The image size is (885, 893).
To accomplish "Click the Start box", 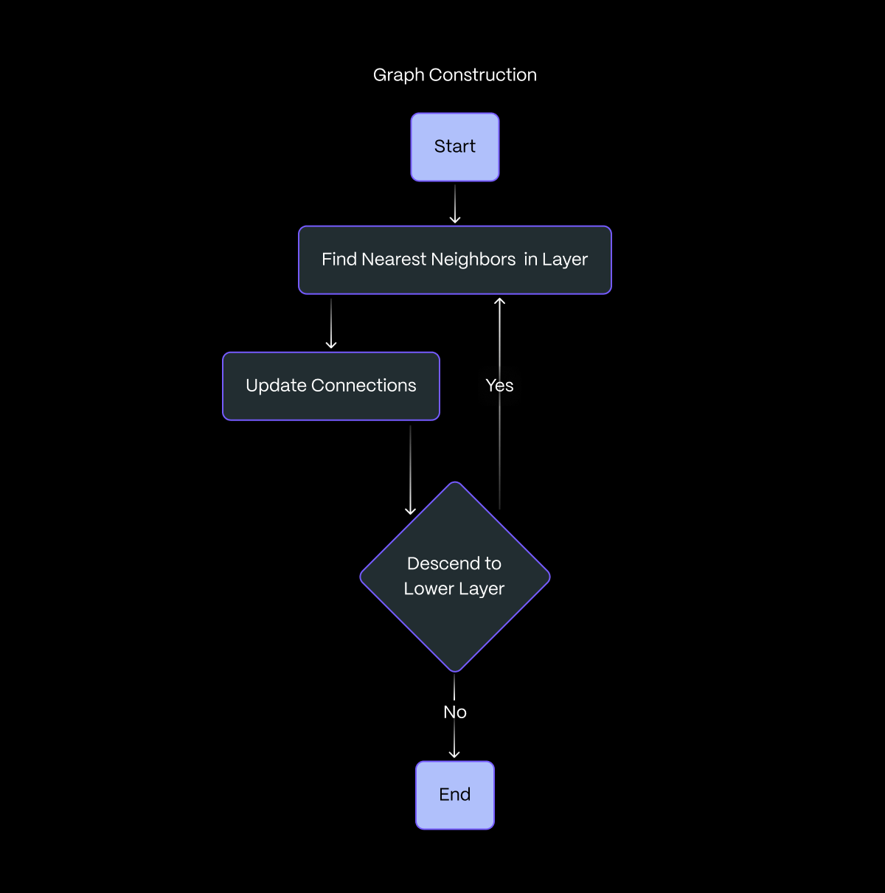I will click(x=455, y=147).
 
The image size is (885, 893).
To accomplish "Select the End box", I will click(x=455, y=795).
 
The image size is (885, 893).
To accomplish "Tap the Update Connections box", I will click(x=331, y=386).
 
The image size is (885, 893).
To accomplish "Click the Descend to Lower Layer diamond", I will click(x=455, y=577).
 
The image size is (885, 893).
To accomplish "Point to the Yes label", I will click(x=499, y=386).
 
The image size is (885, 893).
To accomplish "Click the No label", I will click(x=455, y=712).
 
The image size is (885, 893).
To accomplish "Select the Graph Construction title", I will click(x=455, y=75).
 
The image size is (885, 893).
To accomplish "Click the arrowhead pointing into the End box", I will click(x=454, y=754).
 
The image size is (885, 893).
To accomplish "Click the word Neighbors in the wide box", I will click(x=473, y=260).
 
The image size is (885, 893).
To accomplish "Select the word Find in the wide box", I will click(x=339, y=260).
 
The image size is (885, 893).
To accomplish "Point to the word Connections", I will click(x=364, y=386).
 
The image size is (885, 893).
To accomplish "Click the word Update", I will click(x=277, y=386).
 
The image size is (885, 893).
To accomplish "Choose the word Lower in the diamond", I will click(x=428, y=589).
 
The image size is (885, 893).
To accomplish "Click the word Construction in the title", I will click(x=483, y=75).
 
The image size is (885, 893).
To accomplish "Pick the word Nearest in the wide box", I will click(x=394, y=260).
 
